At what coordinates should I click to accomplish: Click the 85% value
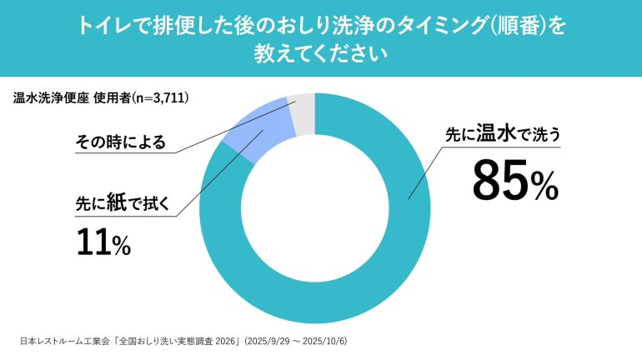[514, 181]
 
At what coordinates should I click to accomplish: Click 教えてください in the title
[321, 55]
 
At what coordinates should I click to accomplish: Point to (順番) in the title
[515, 27]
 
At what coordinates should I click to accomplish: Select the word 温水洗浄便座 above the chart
[51, 98]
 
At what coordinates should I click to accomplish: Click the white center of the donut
[314, 208]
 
